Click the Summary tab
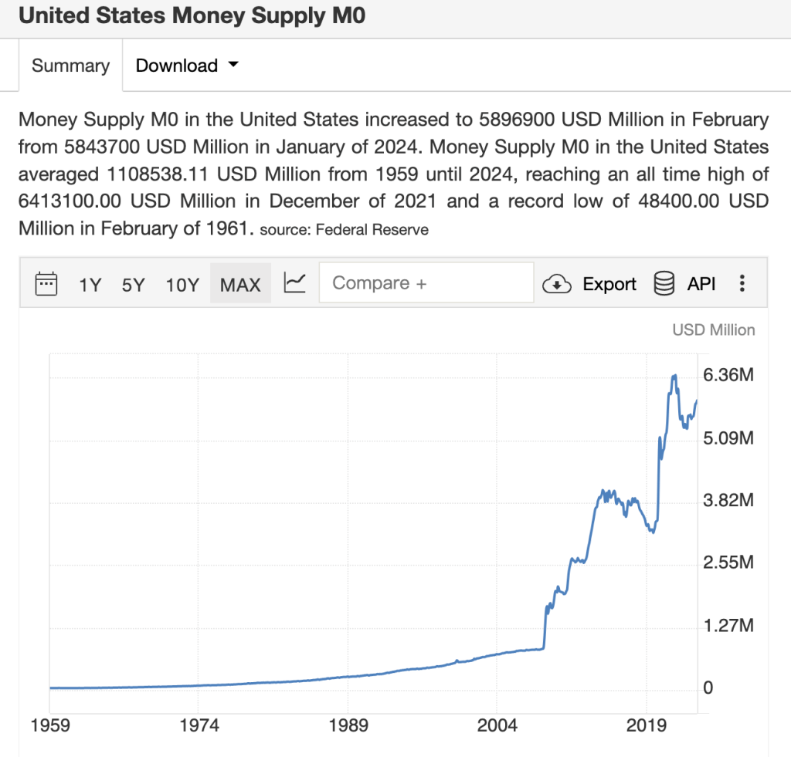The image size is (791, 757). pos(70,66)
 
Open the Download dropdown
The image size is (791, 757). pos(186,66)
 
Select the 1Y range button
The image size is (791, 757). pos(90,285)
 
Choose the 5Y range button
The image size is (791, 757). pos(133,285)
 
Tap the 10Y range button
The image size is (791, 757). pos(182,285)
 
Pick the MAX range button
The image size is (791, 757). pos(240,285)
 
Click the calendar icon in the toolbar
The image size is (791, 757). pos(47,284)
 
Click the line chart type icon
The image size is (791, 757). pos(295,283)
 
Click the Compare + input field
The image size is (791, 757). pos(426,283)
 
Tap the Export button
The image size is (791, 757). pos(590,284)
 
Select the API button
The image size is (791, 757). pos(685,284)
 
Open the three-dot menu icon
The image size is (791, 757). pos(742,284)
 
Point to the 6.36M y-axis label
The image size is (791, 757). pos(728,376)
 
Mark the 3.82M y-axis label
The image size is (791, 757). pos(728,501)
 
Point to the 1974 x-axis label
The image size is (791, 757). pos(199,726)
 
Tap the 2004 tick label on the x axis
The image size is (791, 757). pos(497,726)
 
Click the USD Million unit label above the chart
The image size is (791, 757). pos(713,330)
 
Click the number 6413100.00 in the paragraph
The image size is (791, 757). pos(73,201)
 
